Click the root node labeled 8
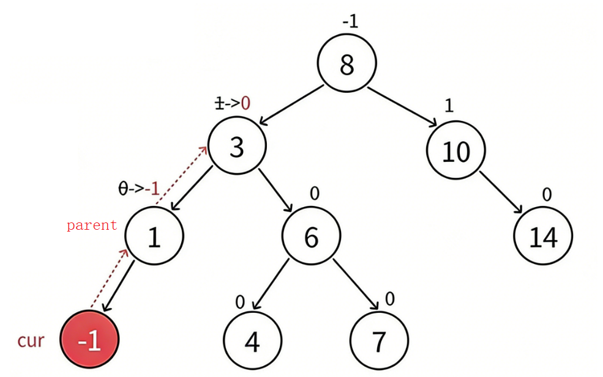[x=346, y=64]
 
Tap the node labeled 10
[x=455, y=150]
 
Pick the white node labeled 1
[x=154, y=236]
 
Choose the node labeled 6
[x=311, y=236]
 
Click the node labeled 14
[x=543, y=236]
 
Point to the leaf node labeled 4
[x=252, y=342]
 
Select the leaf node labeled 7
[x=379, y=342]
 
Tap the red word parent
[x=92, y=225]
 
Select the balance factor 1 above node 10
[x=449, y=106]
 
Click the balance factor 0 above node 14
[x=547, y=194]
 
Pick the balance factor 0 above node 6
[x=315, y=194]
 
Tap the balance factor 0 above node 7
[x=389, y=299]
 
